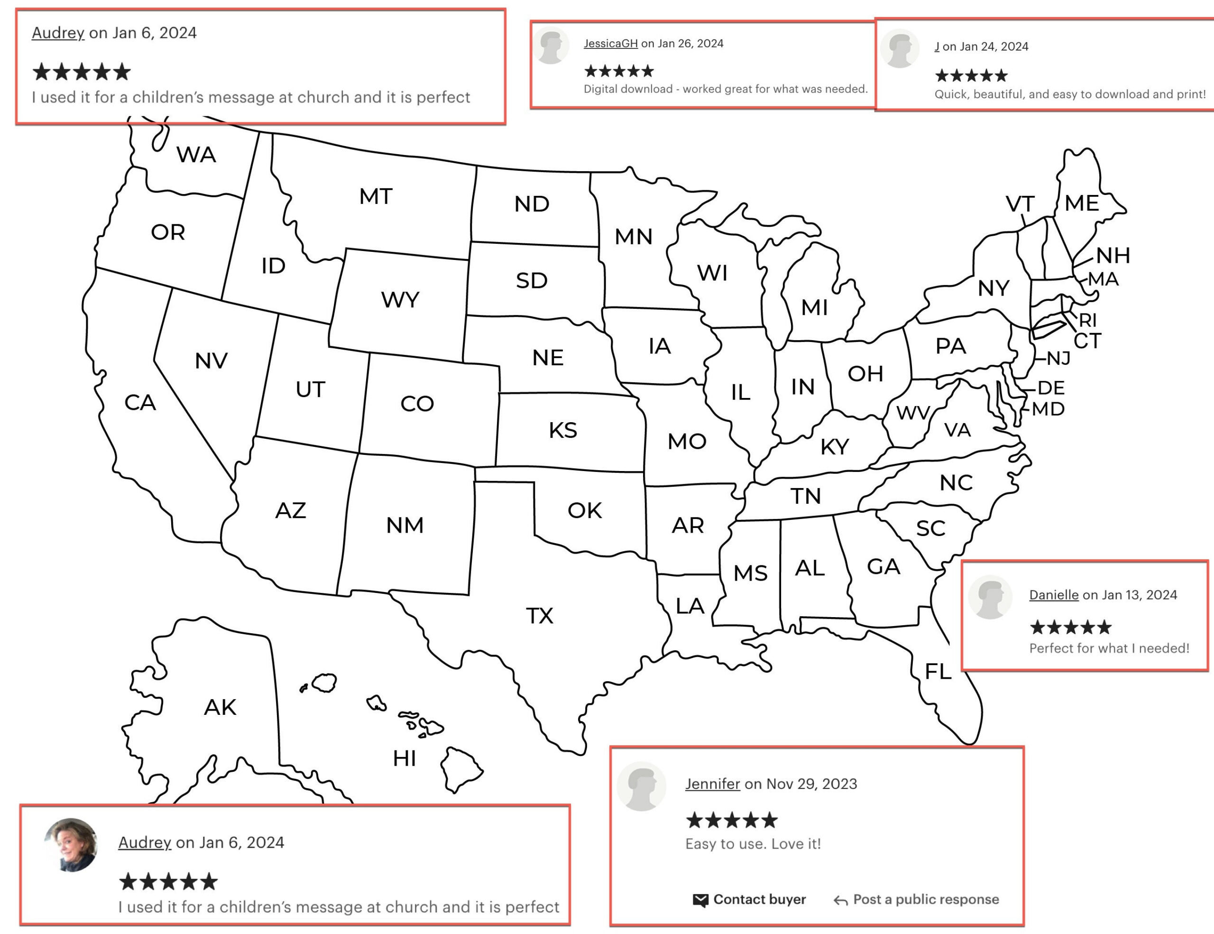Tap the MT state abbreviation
[x=376, y=196]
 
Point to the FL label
[x=938, y=672]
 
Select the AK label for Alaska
[x=220, y=707]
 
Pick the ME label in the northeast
[x=1082, y=203]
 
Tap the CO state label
[x=417, y=404]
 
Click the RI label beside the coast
[x=1088, y=320]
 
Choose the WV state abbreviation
[x=913, y=413]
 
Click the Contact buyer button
[x=759, y=899]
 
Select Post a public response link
[x=926, y=899]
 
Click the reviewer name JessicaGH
[x=610, y=43]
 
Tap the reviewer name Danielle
[x=1053, y=595]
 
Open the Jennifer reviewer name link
[x=712, y=784]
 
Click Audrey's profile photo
[x=71, y=844]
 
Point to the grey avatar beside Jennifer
[x=642, y=786]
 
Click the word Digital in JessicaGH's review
[x=600, y=89]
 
